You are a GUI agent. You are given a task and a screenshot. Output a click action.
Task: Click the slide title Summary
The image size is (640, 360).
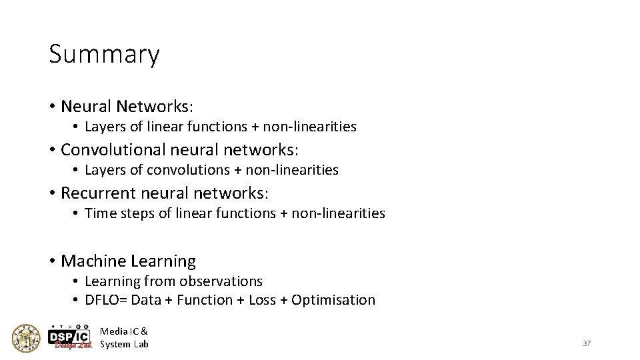(104, 55)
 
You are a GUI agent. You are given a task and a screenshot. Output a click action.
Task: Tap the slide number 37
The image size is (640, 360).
(587, 343)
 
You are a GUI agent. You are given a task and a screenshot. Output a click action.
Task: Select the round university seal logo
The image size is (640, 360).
(27, 338)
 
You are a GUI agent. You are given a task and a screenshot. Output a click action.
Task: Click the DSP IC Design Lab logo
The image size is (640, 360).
(70, 337)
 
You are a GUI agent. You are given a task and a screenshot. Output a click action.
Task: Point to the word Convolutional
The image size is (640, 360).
(113, 149)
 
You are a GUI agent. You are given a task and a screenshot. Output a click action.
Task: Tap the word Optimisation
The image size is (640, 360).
(333, 300)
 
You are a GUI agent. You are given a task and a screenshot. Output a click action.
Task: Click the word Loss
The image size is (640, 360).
(262, 300)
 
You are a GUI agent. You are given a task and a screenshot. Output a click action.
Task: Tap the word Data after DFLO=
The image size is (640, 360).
(147, 300)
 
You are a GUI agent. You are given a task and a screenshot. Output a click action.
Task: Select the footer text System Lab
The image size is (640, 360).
(124, 344)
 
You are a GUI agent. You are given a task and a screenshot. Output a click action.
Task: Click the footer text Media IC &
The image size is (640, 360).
(124, 331)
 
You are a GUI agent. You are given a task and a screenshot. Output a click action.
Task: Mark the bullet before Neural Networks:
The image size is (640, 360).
(51, 107)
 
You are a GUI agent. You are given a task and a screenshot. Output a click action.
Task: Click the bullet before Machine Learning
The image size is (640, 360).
(51, 261)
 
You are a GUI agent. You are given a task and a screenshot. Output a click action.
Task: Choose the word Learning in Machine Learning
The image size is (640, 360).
(163, 261)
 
